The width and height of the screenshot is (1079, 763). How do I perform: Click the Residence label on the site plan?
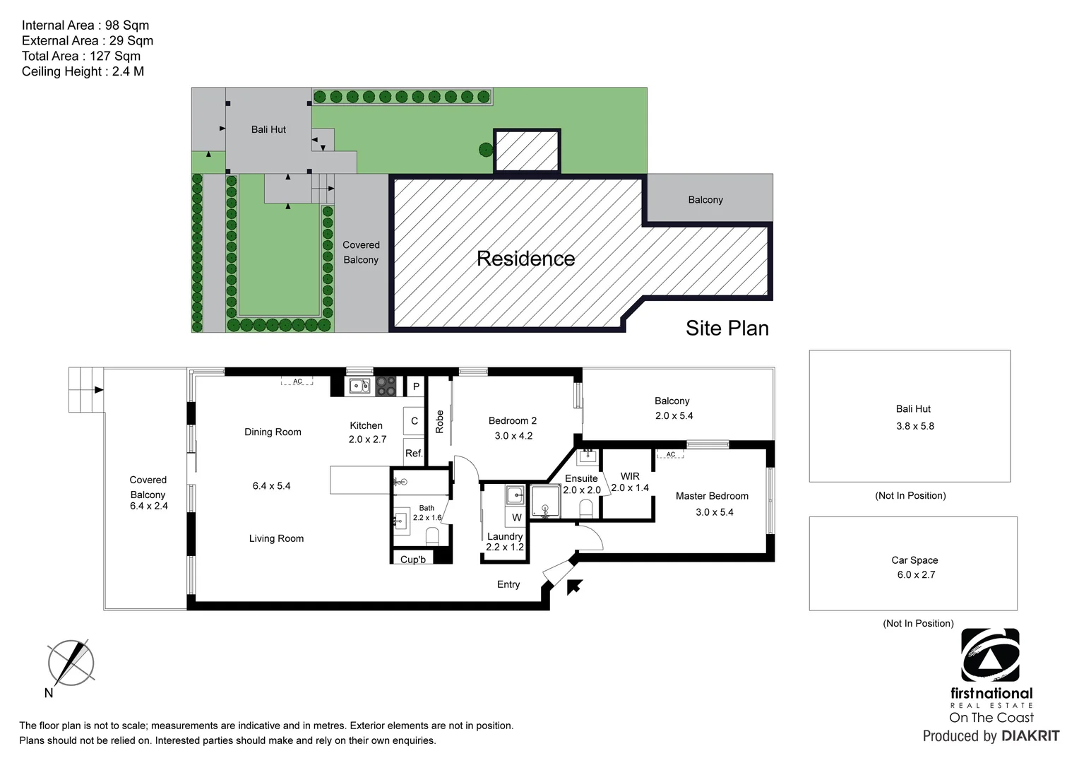click(x=525, y=259)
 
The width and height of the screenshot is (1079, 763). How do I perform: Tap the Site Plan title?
click(x=727, y=329)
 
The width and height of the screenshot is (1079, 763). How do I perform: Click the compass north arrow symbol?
click(x=71, y=663)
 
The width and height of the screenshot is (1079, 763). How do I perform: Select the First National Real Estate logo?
click(x=991, y=656)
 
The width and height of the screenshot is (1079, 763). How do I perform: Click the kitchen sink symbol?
click(x=359, y=386)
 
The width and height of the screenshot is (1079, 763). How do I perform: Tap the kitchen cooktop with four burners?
click(x=386, y=386)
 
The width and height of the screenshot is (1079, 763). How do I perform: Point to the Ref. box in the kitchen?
click(x=414, y=453)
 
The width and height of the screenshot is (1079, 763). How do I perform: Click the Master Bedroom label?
click(x=712, y=496)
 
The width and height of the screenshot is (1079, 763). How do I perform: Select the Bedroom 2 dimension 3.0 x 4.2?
click(x=513, y=436)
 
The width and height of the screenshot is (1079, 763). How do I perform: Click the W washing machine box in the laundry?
click(x=517, y=517)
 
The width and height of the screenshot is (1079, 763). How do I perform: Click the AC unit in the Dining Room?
click(x=297, y=381)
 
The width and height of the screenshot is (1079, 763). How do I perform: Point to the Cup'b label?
click(x=413, y=560)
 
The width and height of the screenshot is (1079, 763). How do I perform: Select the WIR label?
click(x=630, y=476)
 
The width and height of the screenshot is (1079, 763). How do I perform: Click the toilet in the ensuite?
click(x=585, y=508)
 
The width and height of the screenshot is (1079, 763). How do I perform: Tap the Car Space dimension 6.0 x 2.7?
click(x=916, y=575)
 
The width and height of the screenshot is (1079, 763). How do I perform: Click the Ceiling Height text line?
click(x=83, y=71)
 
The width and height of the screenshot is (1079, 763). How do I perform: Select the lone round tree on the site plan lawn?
click(x=485, y=149)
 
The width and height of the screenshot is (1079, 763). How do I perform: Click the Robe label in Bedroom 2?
click(x=439, y=422)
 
